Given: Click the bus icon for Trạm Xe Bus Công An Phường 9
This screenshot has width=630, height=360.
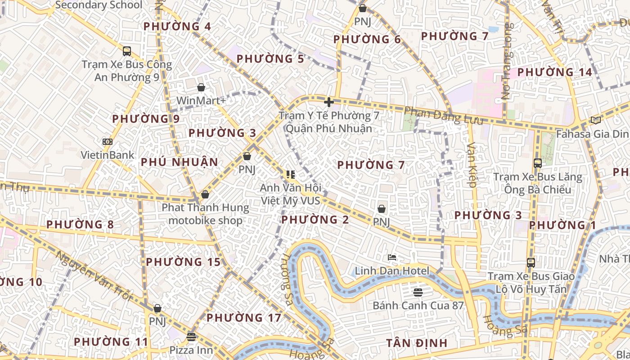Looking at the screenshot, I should pos(127,51).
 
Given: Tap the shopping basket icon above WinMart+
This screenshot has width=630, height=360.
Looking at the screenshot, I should pos(201,87).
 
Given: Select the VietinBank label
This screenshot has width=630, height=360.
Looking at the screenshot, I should pos(108,155).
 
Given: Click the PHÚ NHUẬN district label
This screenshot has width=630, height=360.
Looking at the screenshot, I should pos(180,162).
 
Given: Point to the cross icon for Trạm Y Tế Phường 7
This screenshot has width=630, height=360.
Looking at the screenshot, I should pos(329,102).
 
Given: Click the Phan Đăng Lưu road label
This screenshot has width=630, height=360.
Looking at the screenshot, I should pos(443,116).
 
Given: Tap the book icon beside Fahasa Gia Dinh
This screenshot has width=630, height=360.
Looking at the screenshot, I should pos(595,120).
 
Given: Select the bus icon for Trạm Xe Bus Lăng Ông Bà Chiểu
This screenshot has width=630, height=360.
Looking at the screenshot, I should pos(537,163).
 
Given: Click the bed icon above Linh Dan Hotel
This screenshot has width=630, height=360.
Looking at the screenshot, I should pos(392,258).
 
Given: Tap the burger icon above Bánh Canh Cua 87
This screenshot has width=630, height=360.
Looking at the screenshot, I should pos(418,292).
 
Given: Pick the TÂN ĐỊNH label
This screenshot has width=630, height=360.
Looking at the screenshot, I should pos(417,343).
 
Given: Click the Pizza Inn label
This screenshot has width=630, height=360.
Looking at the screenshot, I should pos(191,350).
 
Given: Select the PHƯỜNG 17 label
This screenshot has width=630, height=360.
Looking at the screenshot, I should pos(244,318).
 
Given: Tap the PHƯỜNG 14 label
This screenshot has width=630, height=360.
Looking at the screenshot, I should pos(554,72).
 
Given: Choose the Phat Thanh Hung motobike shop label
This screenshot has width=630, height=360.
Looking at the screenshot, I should pos(206,214).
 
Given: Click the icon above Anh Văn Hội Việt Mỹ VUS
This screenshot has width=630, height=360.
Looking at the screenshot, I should pos(290,174).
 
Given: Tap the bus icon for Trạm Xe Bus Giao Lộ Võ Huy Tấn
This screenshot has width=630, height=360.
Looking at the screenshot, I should pos(531,262).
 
